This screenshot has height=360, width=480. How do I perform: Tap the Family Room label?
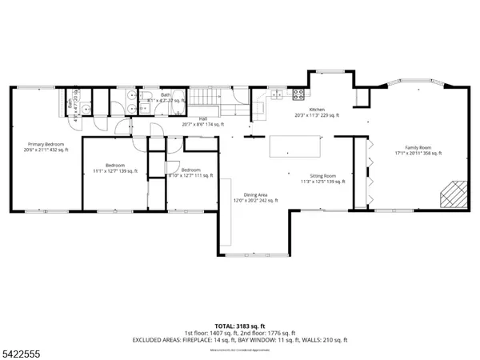417,147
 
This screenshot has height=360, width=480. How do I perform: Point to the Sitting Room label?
323,175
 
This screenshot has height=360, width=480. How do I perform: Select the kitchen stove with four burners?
297,94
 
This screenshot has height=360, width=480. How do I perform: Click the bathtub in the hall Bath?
178,102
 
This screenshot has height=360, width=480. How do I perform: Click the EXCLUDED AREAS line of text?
240,340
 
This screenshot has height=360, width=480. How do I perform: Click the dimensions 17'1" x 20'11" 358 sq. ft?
417,153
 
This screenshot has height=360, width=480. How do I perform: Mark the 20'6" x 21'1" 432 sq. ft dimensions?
46,150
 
